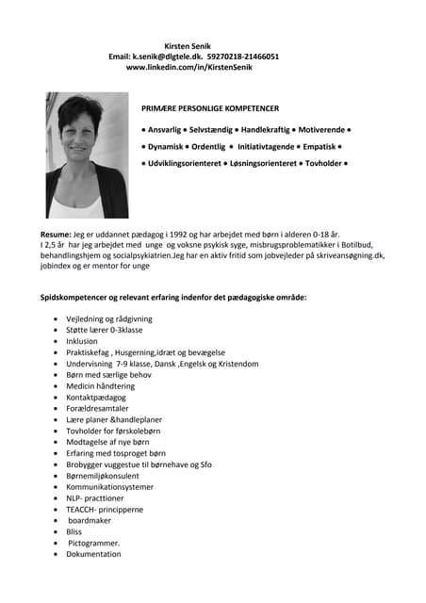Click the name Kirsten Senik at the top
[188, 44]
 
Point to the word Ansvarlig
[166, 128]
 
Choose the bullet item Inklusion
[83, 341]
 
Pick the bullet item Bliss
[74, 532]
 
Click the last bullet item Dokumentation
[93, 554]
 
